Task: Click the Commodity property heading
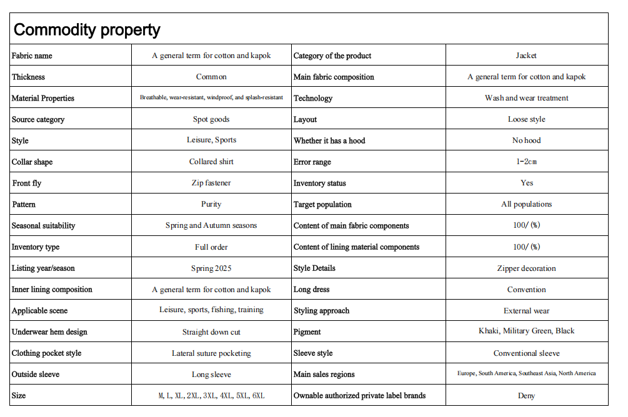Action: [x=87, y=29]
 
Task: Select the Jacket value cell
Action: [x=526, y=56]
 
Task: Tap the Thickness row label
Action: [x=29, y=77]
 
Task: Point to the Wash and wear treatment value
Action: [x=526, y=98]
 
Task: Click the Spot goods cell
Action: [x=211, y=119]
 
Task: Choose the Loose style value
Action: [x=526, y=119]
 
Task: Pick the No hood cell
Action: [x=526, y=140]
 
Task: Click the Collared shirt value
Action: [x=211, y=162]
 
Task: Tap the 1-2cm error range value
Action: [x=526, y=162]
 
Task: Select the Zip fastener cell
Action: [x=211, y=183]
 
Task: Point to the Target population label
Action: [x=322, y=204]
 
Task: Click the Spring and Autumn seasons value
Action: [x=211, y=225]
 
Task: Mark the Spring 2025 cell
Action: [x=211, y=268]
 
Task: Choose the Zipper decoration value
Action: [x=526, y=268]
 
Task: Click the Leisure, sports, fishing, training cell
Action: [x=211, y=310]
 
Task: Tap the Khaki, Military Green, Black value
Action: [x=526, y=331]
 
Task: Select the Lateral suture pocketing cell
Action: [x=211, y=353]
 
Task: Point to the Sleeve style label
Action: [x=313, y=353]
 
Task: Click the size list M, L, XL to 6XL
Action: [x=211, y=396]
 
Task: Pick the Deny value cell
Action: [x=526, y=396]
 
